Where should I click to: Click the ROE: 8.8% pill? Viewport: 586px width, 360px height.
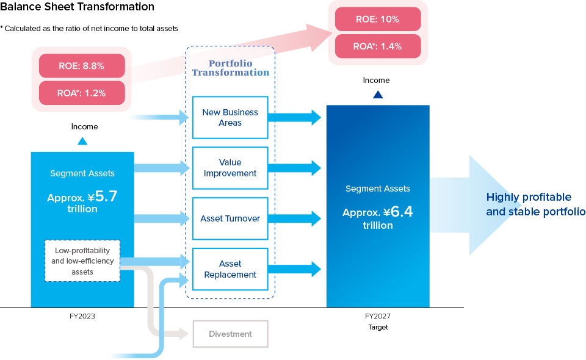[x=82, y=66]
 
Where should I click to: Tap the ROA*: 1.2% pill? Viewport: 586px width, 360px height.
[x=82, y=93]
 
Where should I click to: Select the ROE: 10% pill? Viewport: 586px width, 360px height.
[x=378, y=19]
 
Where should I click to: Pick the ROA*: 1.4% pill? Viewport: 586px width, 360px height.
[x=378, y=46]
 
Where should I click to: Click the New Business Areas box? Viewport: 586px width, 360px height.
[x=230, y=118]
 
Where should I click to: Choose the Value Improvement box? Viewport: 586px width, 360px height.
[x=230, y=168]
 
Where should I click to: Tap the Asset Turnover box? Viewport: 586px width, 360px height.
[x=230, y=218]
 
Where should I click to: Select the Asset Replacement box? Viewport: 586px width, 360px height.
[x=230, y=269]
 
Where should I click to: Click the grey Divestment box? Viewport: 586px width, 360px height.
[x=231, y=334]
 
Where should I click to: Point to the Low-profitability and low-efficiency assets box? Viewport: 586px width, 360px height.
[x=82, y=261]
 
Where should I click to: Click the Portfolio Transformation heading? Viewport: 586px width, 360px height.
[x=231, y=68]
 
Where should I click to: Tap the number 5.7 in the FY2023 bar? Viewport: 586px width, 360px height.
[x=106, y=196]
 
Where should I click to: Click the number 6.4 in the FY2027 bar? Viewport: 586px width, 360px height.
[x=402, y=212]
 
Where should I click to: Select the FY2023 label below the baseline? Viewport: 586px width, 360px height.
[x=82, y=316]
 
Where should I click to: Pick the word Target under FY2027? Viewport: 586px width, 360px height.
[x=378, y=327]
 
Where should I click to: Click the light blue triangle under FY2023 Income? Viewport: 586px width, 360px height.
[x=82, y=141]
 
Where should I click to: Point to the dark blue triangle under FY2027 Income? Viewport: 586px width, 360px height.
[x=378, y=95]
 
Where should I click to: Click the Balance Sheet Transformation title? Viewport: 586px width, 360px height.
[x=78, y=7]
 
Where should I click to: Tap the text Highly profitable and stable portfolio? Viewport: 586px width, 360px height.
[x=535, y=204]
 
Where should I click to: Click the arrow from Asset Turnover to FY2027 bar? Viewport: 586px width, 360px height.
[x=294, y=218]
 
